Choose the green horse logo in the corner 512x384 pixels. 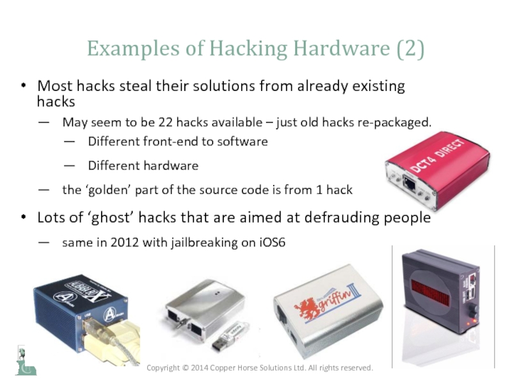pyautogui.click(x=26, y=361)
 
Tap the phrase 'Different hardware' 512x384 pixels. pyautogui.click(x=143, y=166)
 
